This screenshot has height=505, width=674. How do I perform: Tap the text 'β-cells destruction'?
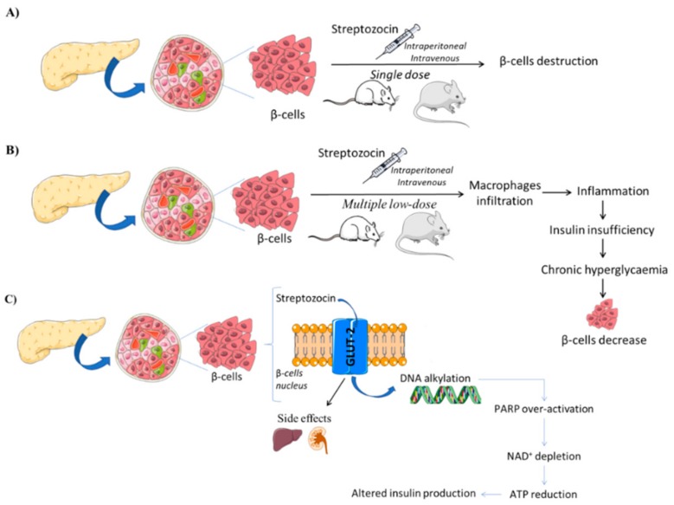click(x=549, y=62)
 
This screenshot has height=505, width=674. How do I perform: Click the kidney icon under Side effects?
click(x=320, y=440)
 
